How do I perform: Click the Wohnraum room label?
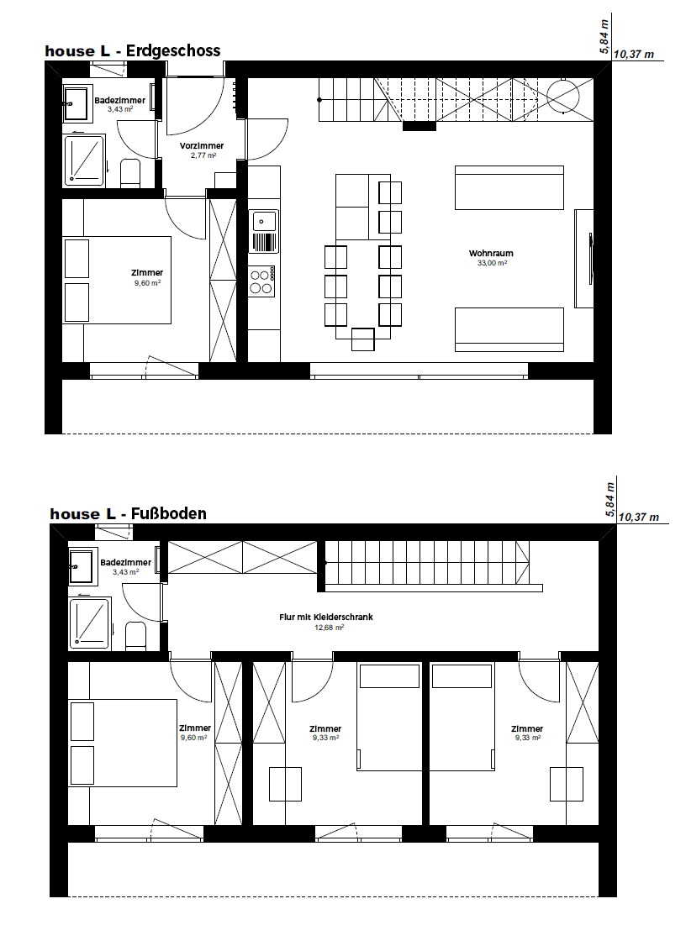[x=491, y=253]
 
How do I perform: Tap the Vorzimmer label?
[x=202, y=145]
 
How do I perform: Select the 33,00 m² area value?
[x=492, y=263]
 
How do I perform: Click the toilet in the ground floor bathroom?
[x=129, y=173]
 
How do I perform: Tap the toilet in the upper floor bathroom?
[x=136, y=636]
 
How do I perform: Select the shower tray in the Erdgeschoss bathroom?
[x=84, y=160]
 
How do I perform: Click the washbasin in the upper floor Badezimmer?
[x=82, y=566]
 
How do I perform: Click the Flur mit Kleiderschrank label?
[x=326, y=617]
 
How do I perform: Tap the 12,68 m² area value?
[x=329, y=628]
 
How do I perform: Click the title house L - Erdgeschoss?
[x=133, y=50]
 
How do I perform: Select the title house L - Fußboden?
[x=128, y=514]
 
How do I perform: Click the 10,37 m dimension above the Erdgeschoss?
[x=634, y=55]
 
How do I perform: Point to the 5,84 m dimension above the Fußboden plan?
[x=609, y=500]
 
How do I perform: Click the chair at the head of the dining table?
[x=362, y=339]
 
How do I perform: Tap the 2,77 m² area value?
[x=203, y=155]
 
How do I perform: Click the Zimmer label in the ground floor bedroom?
[x=147, y=272]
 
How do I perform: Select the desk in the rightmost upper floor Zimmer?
[x=566, y=783]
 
